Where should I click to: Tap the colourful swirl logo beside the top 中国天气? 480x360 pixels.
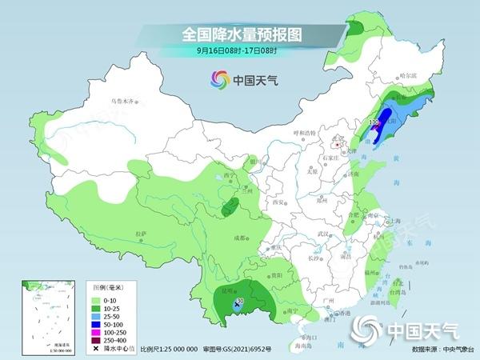pyautogui.click(x=218, y=79)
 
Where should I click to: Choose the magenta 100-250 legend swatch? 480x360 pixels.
pyautogui.click(x=101, y=328)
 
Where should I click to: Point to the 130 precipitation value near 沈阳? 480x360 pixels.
pyautogui.click(x=373, y=122)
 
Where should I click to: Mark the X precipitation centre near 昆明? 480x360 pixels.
pyautogui.click(x=238, y=305)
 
